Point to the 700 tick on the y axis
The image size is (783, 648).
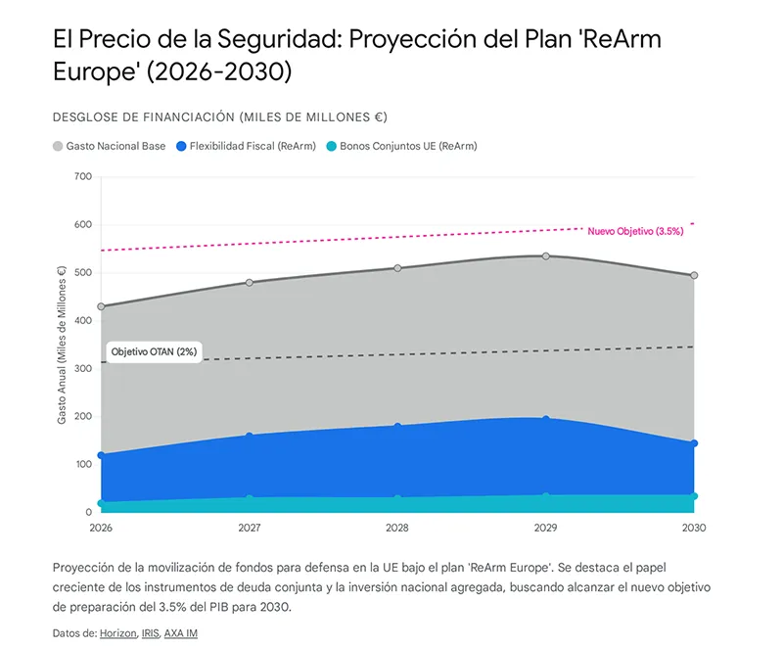pos(82,177)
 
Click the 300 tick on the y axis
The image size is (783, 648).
pos(82,369)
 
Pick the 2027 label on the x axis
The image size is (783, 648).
pos(249,528)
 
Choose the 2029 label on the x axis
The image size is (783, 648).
pos(545,528)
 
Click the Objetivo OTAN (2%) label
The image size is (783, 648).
pos(154,351)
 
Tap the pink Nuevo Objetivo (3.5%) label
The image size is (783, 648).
pos(635,231)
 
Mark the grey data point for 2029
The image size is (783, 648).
pos(545,256)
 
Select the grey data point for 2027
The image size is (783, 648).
pos(249,282)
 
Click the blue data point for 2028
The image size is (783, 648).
pos(397,426)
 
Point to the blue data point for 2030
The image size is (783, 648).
pos(694,443)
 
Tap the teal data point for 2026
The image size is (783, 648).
pos(101,503)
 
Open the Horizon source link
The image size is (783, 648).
pos(116,633)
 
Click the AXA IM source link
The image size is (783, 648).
pos(180,633)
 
